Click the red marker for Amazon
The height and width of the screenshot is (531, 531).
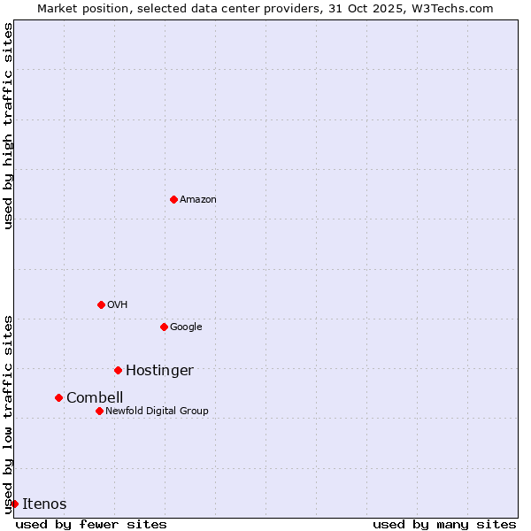(173, 199)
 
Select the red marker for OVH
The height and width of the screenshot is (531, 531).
(101, 304)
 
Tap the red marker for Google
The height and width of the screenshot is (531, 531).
(164, 327)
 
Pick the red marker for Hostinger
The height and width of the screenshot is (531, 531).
(118, 370)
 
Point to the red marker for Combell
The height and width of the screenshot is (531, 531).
(58, 397)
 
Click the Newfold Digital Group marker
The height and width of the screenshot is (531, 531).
(99, 411)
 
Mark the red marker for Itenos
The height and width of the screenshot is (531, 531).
(14, 504)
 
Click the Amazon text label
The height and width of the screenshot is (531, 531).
(198, 200)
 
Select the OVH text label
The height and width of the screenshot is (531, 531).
(118, 305)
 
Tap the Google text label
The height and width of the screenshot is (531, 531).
(186, 327)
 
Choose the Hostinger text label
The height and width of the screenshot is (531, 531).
(159, 371)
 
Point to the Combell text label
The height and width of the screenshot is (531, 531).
(95, 398)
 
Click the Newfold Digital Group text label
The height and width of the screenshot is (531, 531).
(157, 411)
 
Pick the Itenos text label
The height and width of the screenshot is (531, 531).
(44, 504)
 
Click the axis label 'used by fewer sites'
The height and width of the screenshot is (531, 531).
(91, 524)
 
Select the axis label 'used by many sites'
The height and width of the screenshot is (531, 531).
(444, 524)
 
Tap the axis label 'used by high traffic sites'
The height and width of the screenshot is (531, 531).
(8, 126)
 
